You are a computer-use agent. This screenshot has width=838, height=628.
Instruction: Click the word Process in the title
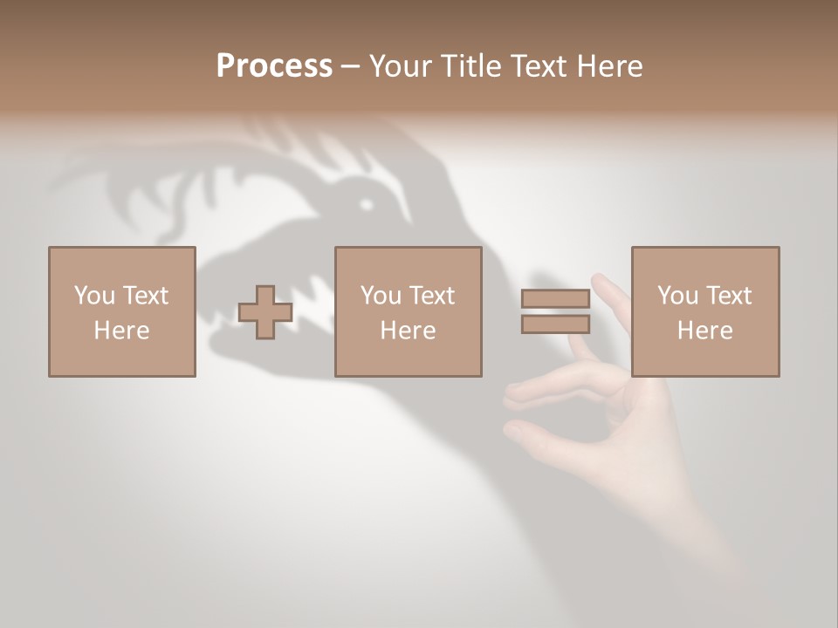click(x=274, y=66)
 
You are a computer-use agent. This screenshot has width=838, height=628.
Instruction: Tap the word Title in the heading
click(x=471, y=66)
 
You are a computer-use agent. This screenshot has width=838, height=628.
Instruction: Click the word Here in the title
click(x=614, y=66)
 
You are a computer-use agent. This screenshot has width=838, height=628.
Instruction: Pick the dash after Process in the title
click(x=351, y=68)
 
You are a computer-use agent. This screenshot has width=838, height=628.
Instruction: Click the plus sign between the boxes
click(x=265, y=312)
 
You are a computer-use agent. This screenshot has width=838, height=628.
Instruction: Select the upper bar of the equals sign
click(x=555, y=299)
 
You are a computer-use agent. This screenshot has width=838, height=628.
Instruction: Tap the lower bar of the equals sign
click(x=555, y=324)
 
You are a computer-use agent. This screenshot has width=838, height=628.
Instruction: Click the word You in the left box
click(x=95, y=296)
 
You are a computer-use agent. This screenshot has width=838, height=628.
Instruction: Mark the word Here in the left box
click(x=121, y=331)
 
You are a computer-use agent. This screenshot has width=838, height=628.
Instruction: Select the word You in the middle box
click(x=381, y=296)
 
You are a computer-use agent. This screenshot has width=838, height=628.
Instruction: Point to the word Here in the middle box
click(x=408, y=331)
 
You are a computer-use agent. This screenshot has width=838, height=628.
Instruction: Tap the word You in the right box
click(x=678, y=296)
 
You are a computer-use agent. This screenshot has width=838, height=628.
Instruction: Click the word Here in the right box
click(x=704, y=331)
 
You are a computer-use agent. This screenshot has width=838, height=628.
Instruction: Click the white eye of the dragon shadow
click(x=367, y=206)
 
